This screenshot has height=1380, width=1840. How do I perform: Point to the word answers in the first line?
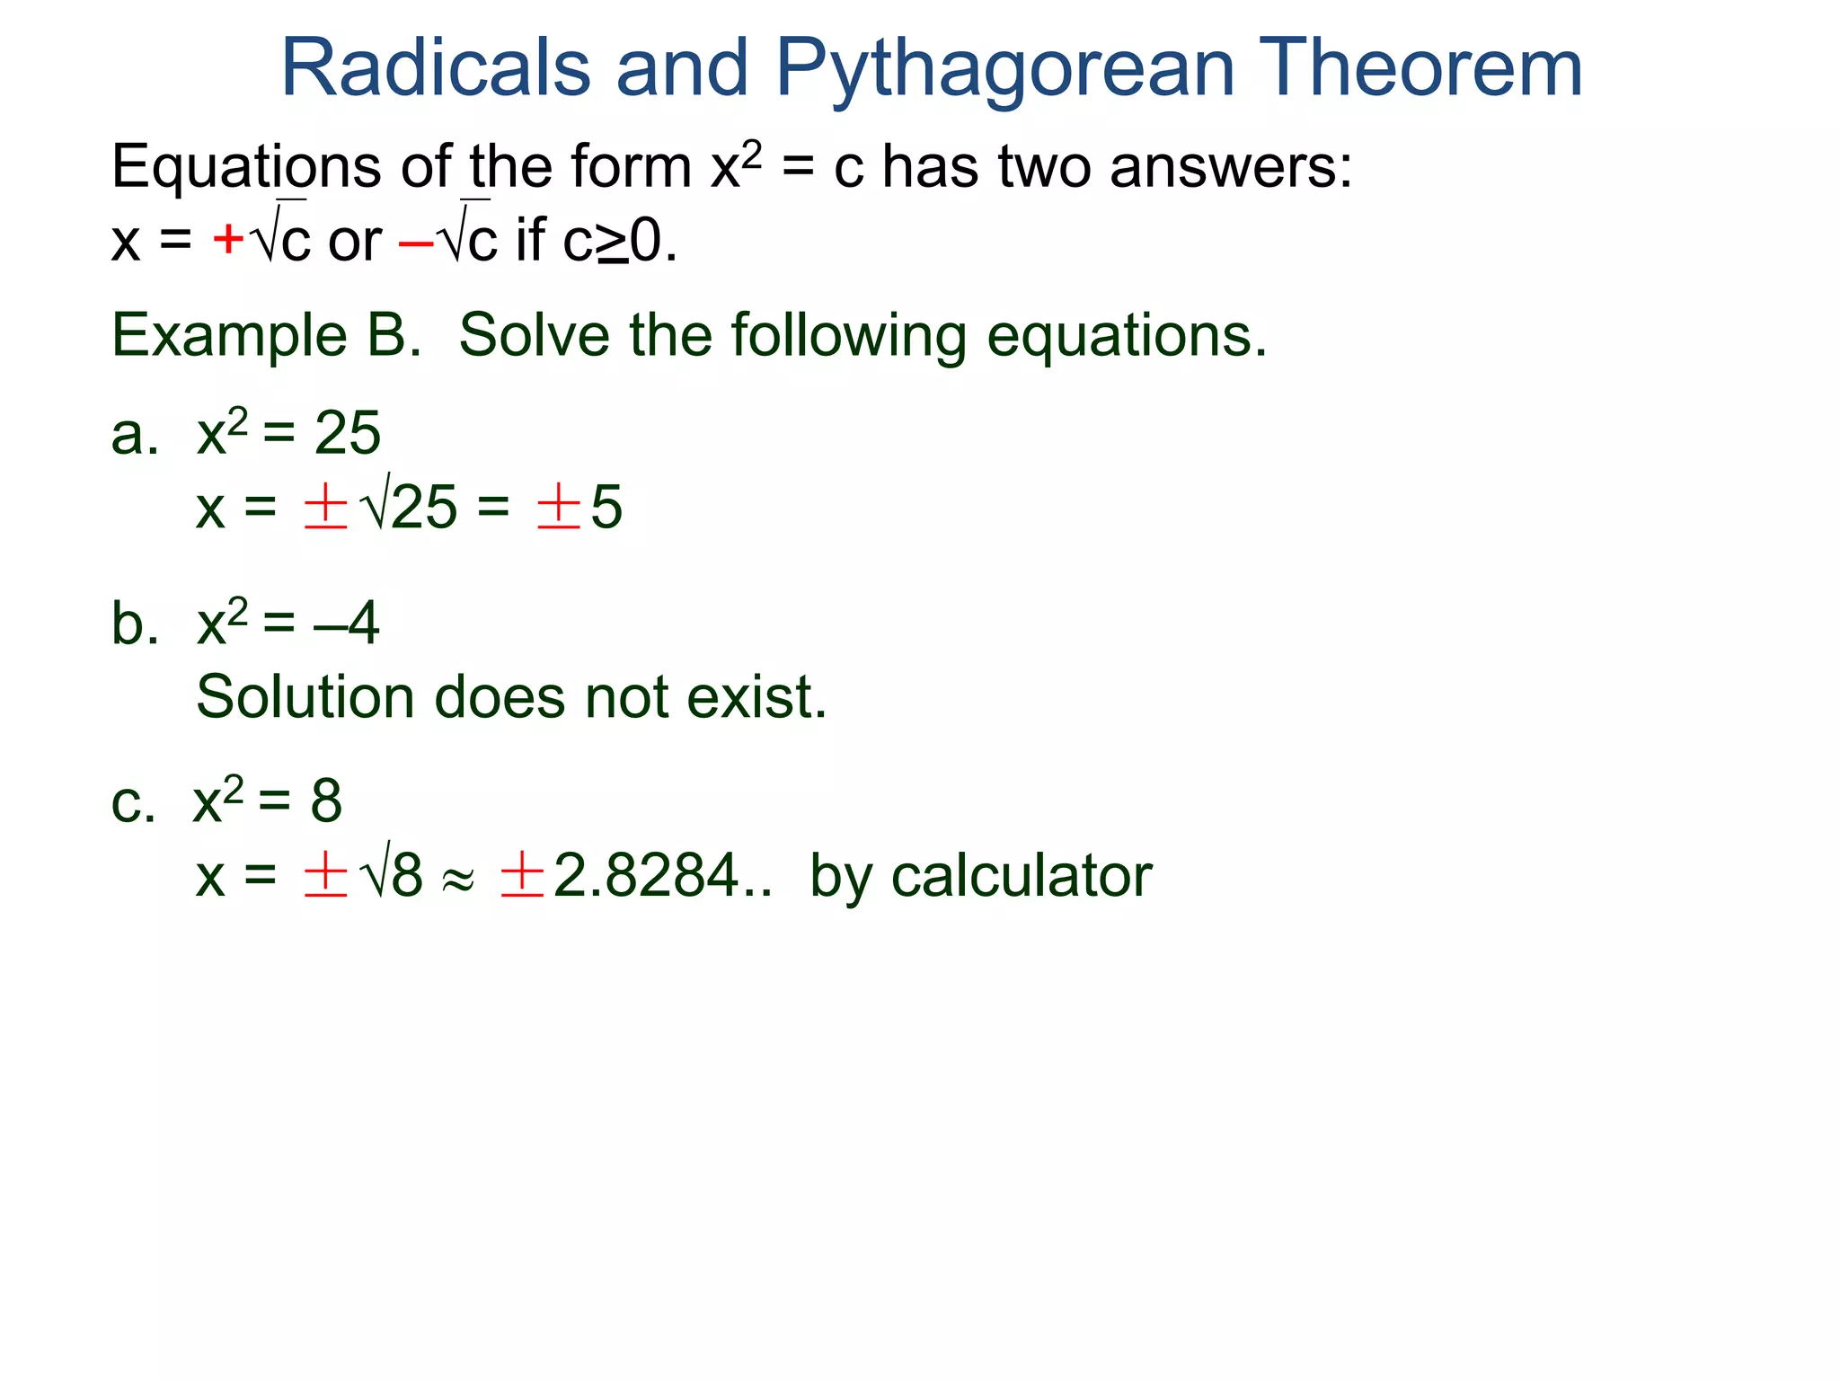(1230, 169)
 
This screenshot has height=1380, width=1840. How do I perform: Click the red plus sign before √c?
(228, 240)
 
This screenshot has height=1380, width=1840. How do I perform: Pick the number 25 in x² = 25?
(347, 434)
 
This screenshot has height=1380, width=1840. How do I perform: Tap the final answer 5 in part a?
(606, 508)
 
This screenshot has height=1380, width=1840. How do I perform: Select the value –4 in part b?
(347, 624)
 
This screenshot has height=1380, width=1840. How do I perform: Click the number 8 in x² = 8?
(326, 801)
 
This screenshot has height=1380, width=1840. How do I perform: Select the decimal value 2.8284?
(647, 876)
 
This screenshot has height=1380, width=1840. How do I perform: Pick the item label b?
(134, 624)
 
